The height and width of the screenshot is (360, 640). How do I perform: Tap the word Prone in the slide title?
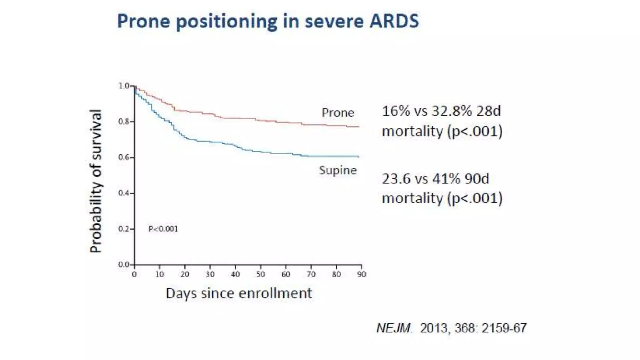143,21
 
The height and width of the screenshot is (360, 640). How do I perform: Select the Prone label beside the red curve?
338,112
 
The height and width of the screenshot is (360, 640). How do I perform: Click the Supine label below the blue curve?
338,170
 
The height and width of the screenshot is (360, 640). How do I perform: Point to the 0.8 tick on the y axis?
124,122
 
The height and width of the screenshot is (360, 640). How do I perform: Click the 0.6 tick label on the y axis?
124,157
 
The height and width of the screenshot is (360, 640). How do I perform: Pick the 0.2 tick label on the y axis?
124,229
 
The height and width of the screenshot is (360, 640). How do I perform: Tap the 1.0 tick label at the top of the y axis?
124,86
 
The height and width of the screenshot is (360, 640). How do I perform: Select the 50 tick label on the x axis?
260,274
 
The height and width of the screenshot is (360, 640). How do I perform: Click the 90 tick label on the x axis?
362,274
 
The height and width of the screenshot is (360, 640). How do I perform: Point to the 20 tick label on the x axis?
185,274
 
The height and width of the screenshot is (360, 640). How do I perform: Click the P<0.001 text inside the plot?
163,229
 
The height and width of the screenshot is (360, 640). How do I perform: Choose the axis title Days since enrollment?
239,293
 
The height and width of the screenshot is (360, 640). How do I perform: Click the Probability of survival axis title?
96,181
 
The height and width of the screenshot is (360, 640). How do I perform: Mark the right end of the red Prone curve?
359,127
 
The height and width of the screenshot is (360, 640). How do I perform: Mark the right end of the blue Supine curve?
359,156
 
